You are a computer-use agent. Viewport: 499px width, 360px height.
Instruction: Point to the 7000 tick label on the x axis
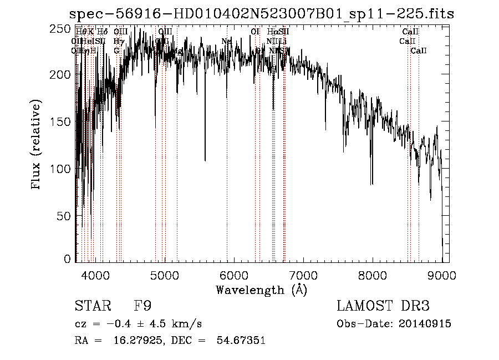pyautogui.click(x=303, y=274)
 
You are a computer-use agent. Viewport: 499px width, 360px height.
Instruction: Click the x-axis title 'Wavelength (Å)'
pyautogui.click(x=261, y=290)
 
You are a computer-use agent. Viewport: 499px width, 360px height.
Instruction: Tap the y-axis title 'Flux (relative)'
pyautogui.click(x=37, y=145)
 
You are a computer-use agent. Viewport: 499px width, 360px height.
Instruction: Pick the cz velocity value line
pyautogui.click(x=138, y=323)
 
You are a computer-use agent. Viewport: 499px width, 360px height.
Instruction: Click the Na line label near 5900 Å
pyautogui.click(x=226, y=41)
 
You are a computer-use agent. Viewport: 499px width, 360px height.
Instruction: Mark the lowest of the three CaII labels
pyautogui.click(x=418, y=51)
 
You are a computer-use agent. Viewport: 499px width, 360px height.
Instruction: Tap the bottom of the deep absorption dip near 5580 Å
pyautogui.click(x=205, y=160)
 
